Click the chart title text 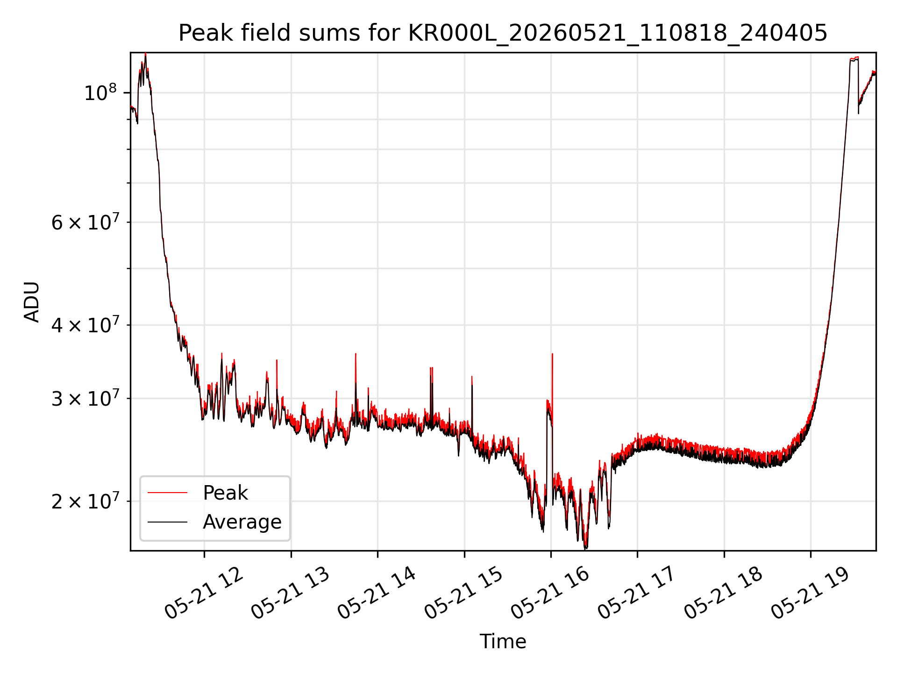[x=503, y=33]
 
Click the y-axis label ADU [x=32, y=301]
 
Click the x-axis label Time [x=503, y=642]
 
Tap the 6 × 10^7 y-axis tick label [x=85, y=222]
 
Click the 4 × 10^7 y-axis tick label [x=85, y=324]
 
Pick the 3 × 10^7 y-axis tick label [x=85, y=398]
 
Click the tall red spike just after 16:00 [x=552, y=374]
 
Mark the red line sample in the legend [x=167, y=493]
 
